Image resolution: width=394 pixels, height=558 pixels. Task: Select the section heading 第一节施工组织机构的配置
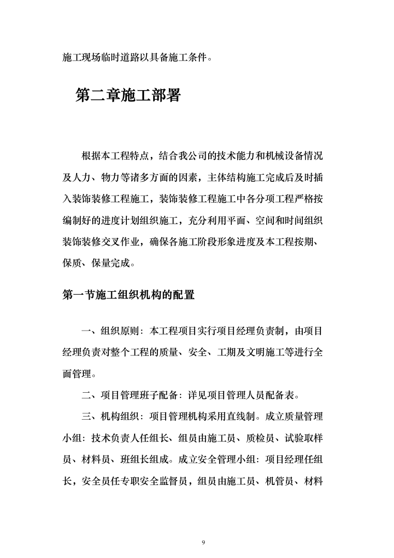click(x=128, y=295)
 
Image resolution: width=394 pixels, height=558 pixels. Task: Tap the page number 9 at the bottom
click(x=203, y=542)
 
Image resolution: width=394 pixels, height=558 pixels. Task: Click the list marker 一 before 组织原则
click(x=85, y=331)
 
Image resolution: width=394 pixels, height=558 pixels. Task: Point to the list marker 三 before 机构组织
click(x=85, y=417)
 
